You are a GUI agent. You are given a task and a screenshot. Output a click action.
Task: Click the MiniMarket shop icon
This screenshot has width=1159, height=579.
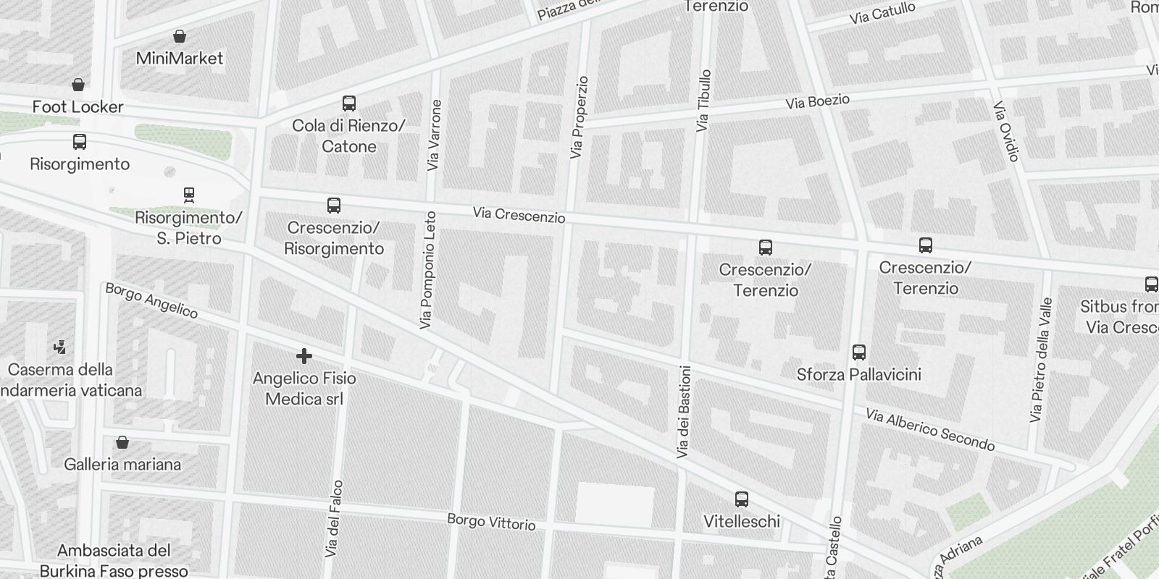pyautogui.click(x=180, y=36)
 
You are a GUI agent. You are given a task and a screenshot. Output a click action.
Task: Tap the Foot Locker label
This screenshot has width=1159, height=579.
pyautogui.click(x=78, y=107)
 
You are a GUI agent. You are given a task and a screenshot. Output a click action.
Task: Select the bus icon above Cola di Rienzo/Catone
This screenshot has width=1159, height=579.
pyautogui.click(x=349, y=103)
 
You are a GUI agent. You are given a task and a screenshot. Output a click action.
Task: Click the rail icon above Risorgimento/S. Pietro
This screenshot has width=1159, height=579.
pyautogui.click(x=189, y=195)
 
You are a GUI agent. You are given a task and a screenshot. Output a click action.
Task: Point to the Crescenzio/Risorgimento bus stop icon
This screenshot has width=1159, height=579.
pyautogui.click(x=334, y=206)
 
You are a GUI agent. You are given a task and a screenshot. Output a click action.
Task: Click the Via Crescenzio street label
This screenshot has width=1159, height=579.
pyautogui.click(x=519, y=215)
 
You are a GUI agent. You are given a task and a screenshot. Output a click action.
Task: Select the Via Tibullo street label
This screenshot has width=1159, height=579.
pyautogui.click(x=703, y=101)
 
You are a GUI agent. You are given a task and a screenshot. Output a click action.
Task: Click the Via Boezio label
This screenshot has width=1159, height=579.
pyautogui.click(x=817, y=102)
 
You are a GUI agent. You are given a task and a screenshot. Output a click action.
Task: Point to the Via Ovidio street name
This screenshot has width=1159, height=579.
pyautogui.click(x=1007, y=131)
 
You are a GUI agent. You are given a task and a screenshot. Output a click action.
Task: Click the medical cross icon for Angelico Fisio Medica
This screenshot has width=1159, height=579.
pyautogui.click(x=304, y=355)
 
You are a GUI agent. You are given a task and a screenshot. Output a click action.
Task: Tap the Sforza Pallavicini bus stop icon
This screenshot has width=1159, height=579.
pyautogui.click(x=859, y=352)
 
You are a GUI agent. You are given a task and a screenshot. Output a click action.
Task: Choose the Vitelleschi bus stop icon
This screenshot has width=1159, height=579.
pyautogui.click(x=742, y=499)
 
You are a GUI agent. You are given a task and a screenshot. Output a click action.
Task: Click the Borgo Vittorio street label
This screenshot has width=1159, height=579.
pyautogui.click(x=491, y=522)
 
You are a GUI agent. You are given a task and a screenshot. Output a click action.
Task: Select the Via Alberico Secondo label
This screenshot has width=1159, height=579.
pyautogui.click(x=930, y=429)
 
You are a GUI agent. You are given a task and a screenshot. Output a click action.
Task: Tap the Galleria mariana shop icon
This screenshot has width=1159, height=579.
pyautogui.click(x=123, y=442)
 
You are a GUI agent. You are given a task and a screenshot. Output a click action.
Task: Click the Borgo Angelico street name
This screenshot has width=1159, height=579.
pyautogui.click(x=151, y=300)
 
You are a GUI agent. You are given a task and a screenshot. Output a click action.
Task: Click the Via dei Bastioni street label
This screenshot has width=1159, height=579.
pyautogui.click(x=683, y=412)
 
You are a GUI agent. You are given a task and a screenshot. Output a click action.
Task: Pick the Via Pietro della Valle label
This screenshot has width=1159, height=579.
pyautogui.click(x=1040, y=360)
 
